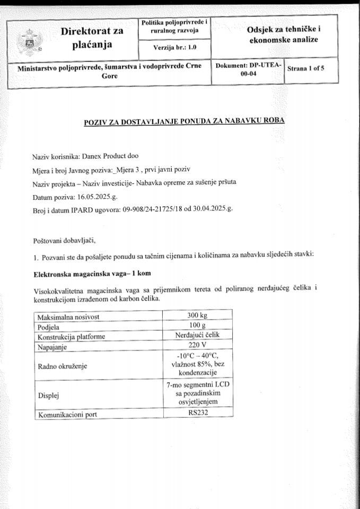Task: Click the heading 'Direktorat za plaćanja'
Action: coord(92,38)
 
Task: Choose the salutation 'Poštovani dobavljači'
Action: coord(65,240)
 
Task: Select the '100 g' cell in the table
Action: coord(197,326)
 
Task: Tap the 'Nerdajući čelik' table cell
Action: coord(197,335)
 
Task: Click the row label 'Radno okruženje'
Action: coord(62,365)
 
